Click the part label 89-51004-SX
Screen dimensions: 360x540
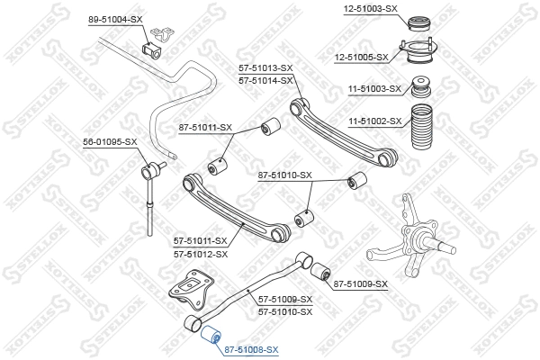click(x=114, y=19)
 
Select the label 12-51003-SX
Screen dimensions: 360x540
click(x=371, y=8)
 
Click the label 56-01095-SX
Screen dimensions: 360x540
click(x=110, y=142)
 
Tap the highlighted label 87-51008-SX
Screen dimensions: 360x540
click(x=251, y=350)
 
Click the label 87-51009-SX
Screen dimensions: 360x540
click(x=360, y=284)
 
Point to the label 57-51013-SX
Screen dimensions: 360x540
click(x=265, y=68)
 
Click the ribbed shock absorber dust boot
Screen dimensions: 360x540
click(x=422, y=131)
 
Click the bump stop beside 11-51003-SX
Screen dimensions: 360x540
click(x=418, y=90)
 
